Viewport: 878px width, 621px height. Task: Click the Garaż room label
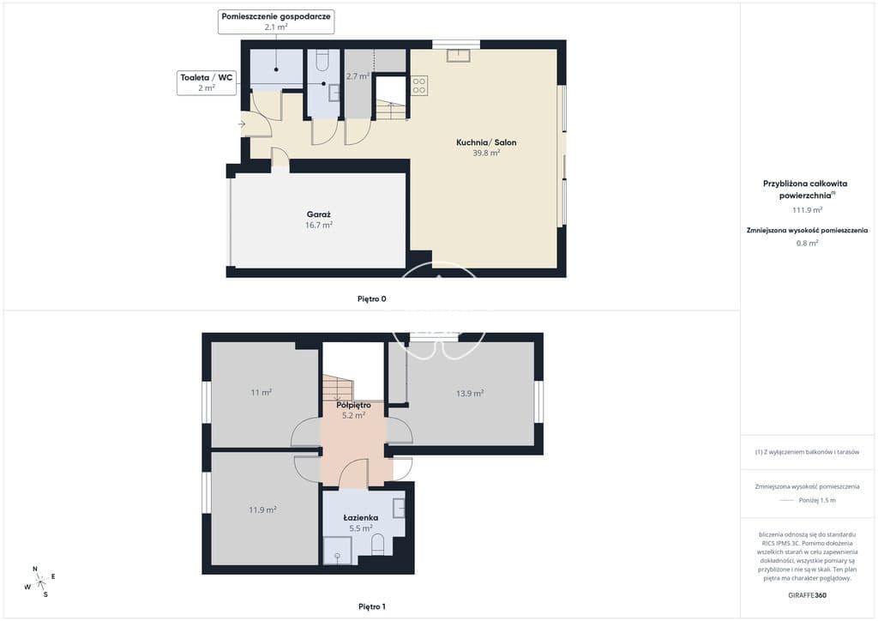click(319, 214)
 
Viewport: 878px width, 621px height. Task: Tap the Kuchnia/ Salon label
click(486, 142)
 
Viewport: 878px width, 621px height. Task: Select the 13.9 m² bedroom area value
click(470, 393)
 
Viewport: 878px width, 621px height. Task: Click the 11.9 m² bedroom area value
click(262, 509)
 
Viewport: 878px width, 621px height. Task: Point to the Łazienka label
click(361, 517)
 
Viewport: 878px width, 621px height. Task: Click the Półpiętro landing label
click(353, 405)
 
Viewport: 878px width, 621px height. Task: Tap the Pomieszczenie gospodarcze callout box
click(276, 21)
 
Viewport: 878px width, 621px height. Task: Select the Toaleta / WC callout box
click(207, 82)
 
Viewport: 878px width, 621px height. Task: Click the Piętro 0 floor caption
click(372, 298)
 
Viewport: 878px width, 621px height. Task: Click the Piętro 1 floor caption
click(372, 606)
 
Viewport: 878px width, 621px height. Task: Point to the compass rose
click(40, 582)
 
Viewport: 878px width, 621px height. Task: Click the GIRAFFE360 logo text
click(807, 595)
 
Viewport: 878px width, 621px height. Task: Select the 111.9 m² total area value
click(807, 210)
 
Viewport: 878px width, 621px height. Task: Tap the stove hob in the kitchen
click(418, 86)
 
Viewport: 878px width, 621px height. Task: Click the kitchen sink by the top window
click(459, 55)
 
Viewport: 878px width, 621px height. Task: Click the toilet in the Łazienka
click(378, 544)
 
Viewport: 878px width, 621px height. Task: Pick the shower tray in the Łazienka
click(338, 551)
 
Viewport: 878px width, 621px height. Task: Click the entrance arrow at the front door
click(242, 124)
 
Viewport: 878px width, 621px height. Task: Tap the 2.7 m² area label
click(358, 76)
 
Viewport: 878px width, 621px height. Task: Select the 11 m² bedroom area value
click(262, 392)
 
